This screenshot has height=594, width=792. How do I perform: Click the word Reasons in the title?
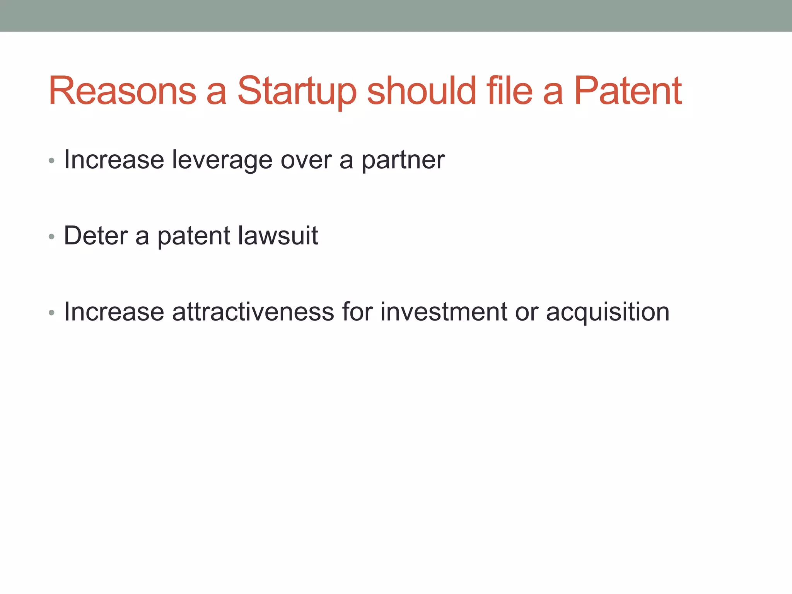122,91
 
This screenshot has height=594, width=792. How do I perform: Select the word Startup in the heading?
297,91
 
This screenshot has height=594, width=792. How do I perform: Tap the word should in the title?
421,91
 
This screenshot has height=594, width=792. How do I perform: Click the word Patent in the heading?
628,91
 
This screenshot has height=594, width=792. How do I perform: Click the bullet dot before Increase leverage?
52,160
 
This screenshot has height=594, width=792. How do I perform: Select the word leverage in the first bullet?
222,160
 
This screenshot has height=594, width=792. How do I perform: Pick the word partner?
403,160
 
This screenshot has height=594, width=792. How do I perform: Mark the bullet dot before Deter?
52,236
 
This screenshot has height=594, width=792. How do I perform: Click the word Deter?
96,236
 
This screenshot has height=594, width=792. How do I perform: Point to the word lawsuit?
278,236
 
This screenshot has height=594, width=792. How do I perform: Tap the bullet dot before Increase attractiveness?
52,312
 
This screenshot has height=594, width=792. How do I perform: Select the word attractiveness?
253,312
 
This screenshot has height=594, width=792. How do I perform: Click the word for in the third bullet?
357,312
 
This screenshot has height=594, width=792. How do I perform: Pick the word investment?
444,312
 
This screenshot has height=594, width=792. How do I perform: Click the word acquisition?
608,312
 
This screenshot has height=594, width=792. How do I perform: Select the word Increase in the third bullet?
114,312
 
